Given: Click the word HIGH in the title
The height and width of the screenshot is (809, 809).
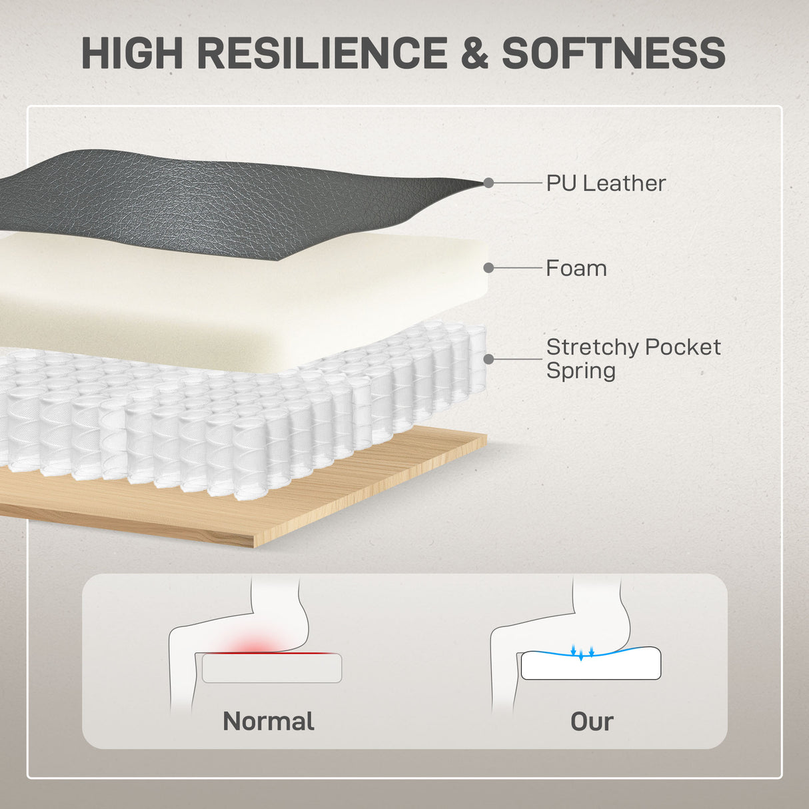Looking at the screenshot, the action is (132, 53).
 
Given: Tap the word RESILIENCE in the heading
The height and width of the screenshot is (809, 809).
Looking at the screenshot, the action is (322, 53).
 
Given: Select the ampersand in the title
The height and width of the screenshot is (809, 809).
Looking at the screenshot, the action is (474, 53).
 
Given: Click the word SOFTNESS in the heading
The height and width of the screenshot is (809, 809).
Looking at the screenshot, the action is (614, 53).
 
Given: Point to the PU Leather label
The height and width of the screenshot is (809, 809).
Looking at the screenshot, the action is (606, 183).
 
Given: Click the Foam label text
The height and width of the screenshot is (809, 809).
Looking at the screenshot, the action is (576, 269).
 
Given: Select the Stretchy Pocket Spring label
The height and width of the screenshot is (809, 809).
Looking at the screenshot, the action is (633, 359).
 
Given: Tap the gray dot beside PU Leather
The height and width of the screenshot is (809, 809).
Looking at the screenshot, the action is (488, 183).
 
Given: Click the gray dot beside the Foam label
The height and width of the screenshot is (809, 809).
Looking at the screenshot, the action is (488, 268).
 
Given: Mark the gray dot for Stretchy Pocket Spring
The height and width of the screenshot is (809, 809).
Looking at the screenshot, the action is (488, 359).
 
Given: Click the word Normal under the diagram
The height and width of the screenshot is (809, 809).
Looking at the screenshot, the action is (269, 721).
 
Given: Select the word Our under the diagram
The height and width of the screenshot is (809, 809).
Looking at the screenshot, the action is (592, 722).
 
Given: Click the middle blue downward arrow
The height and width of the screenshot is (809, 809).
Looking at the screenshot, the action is (581, 655).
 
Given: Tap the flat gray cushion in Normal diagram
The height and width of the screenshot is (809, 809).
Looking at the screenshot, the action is (272, 668).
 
